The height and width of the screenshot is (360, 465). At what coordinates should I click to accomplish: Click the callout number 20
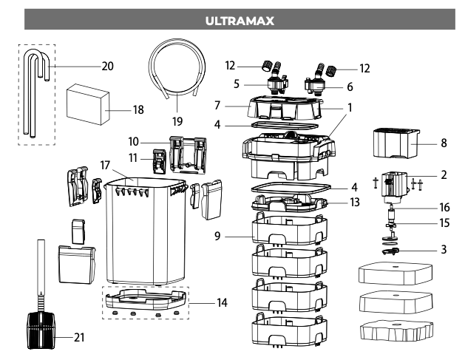point(107,65)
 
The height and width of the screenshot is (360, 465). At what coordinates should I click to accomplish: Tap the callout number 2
point(442,177)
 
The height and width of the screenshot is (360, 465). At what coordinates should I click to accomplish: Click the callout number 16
point(442,208)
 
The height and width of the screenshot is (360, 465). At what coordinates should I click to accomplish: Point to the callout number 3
point(442,251)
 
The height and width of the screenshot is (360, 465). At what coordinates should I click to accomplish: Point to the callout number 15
point(442,222)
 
